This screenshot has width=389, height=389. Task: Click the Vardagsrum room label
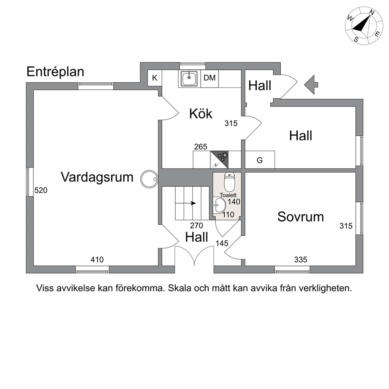pyautogui.click(x=97, y=177)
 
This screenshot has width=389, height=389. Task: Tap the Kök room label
pyautogui.click(x=201, y=114)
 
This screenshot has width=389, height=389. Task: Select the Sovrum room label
pyautogui.click(x=300, y=216)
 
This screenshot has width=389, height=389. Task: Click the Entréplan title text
pyautogui.click(x=55, y=72)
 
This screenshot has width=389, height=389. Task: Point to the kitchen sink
pyautogui.click(x=189, y=79)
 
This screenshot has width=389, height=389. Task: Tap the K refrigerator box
pyautogui.click(x=155, y=78)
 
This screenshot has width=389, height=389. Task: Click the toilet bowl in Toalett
pyautogui.click(x=230, y=182)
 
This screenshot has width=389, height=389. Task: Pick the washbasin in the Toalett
pyautogui.click(x=219, y=205)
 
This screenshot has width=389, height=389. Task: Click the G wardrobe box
pyautogui.click(x=260, y=160)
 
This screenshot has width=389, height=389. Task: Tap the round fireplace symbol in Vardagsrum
pyautogui.click(x=149, y=179)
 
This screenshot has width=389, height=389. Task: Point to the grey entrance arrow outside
pyautogui.click(x=311, y=85)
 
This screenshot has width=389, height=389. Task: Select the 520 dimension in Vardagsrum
pyautogui.click(x=41, y=190)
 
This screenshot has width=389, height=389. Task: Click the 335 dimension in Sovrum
pyautogui.click(x=301, y=260)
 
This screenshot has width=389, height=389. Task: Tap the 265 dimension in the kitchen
pyautogui.click(x=201, y=147)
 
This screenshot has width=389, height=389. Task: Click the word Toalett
pyautogui.click(x=228, y=195)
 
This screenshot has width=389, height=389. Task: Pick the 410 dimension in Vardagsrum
pyautogui.click(x=97, y=260)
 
